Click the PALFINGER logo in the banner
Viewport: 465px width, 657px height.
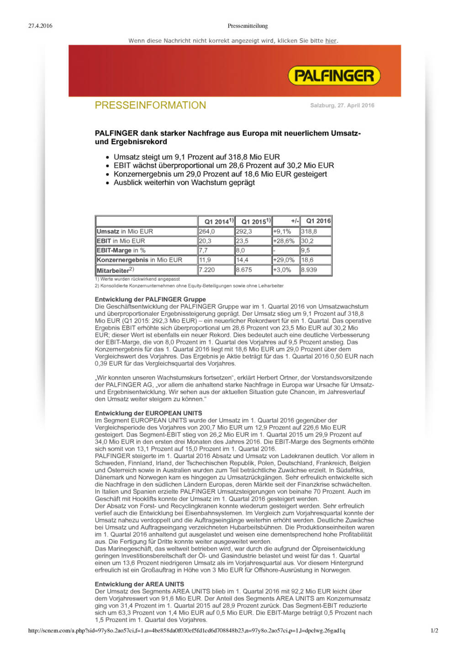pos(334,76)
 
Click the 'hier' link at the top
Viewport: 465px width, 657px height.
pos(331,41)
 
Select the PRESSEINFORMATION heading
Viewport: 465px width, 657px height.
pos(150,105)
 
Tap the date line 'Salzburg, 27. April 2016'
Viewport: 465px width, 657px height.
pos(342,105)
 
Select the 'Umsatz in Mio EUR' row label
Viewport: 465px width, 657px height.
pos(125,231)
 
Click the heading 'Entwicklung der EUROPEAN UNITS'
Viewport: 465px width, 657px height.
pos(148,413)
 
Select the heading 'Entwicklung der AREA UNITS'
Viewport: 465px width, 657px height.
pos(139,584)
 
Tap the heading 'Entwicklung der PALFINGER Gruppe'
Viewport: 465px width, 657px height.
pos(150,299)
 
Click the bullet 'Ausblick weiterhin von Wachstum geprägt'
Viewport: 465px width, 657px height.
pos(184,182)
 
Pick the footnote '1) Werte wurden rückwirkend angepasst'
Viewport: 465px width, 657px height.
pos(137,279)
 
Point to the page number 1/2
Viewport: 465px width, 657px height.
pos(434,631)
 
